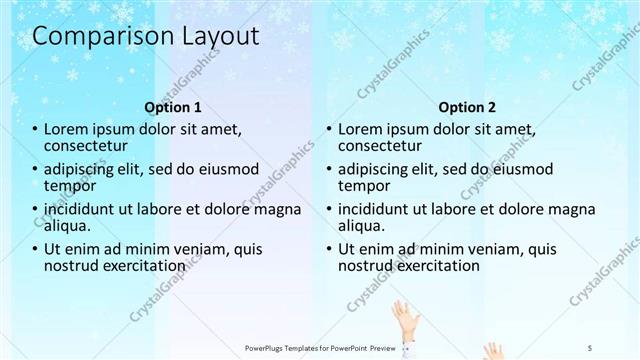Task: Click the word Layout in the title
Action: (220, 37)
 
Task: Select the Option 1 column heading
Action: (173, 107)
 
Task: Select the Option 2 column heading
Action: (466, 107)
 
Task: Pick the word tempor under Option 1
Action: (69, 186)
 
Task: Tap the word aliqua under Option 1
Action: (68, 226)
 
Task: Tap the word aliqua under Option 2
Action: (362, 226)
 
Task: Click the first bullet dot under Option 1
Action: (36, 130)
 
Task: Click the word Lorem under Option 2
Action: (362, 130)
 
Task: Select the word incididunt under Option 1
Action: (85, 210)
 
